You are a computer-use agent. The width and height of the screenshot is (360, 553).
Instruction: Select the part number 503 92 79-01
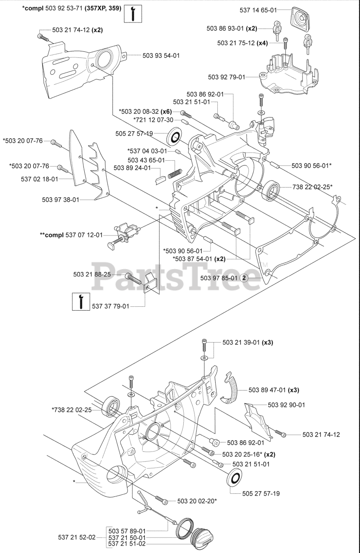tap(226, 77)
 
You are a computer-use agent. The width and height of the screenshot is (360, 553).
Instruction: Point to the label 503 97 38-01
tap(61, 200)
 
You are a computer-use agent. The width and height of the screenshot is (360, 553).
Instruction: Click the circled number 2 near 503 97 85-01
tap(244, 278)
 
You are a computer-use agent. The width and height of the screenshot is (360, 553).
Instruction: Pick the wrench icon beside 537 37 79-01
tap(81, 301)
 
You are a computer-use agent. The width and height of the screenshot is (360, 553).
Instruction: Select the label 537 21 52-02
tap(77, 537)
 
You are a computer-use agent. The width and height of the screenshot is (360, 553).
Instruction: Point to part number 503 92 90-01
tap(287, 405)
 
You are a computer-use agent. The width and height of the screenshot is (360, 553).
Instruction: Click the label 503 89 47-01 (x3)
tap(274, 390)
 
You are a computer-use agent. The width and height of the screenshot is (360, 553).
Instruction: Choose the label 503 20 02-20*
tap(197, 501)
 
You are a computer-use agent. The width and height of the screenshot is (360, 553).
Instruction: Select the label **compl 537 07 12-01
tap(71, 235)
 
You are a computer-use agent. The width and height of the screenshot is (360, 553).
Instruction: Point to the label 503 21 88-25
tap(92, 274)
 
